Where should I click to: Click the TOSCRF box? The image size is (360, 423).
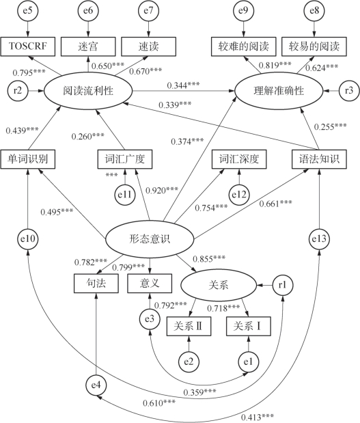coord(28,46)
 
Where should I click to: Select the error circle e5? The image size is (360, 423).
coord(27,10)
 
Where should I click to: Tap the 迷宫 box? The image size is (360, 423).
coord(88,46)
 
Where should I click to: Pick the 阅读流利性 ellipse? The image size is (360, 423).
coord(88,91)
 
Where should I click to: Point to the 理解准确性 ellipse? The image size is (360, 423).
coord(279,91)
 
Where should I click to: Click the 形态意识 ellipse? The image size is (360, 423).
coord(149,239)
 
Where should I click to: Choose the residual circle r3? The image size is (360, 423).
coord(348,91)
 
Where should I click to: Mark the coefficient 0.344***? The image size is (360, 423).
coord(183,85)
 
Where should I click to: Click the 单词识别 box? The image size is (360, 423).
coord(28,159)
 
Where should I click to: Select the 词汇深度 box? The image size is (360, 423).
coord(239,159)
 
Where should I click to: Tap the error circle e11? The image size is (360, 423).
coord(124,195)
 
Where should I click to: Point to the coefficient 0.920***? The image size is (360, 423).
coord(162,191)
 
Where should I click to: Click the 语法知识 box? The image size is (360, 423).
coord(319,159)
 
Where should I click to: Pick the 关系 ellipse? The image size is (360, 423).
coord(219,285)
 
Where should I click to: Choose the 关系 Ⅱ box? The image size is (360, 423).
coord(189,327)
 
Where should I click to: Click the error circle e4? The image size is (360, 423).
coord(96,385)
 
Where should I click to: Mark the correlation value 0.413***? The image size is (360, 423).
coord(258,418)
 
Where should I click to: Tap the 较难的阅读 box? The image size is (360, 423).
coord(243,46)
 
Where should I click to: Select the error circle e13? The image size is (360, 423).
coord(319,238)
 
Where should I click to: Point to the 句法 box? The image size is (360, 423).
coord(96,284)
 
